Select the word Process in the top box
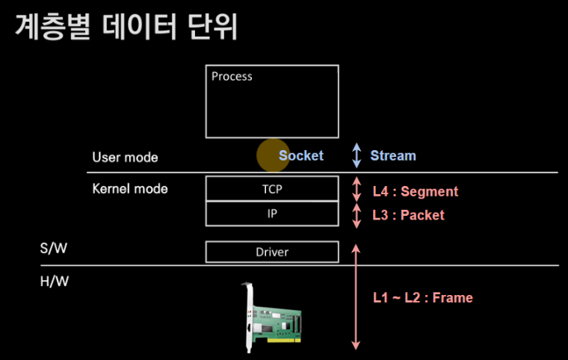click(x=232, y=76)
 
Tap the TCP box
click(x=272, y=189)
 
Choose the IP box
click(x=272, y=214)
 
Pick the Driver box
click(x=272, y=252)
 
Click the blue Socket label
click(x=301, y=155)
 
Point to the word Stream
click(x=393, y=155)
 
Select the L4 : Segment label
click(x=416, y=191)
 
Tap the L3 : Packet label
click(x=409, y=215)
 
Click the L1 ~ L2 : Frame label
click(x=423, y=297)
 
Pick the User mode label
click(x=125, y=158)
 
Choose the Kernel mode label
click(x=130, y=188)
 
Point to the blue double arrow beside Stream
click(x=356, y=155)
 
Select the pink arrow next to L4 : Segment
click(x=356, y=190)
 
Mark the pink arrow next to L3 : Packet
click(x=356, y=215)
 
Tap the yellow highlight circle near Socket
click(x=272, y=155)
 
